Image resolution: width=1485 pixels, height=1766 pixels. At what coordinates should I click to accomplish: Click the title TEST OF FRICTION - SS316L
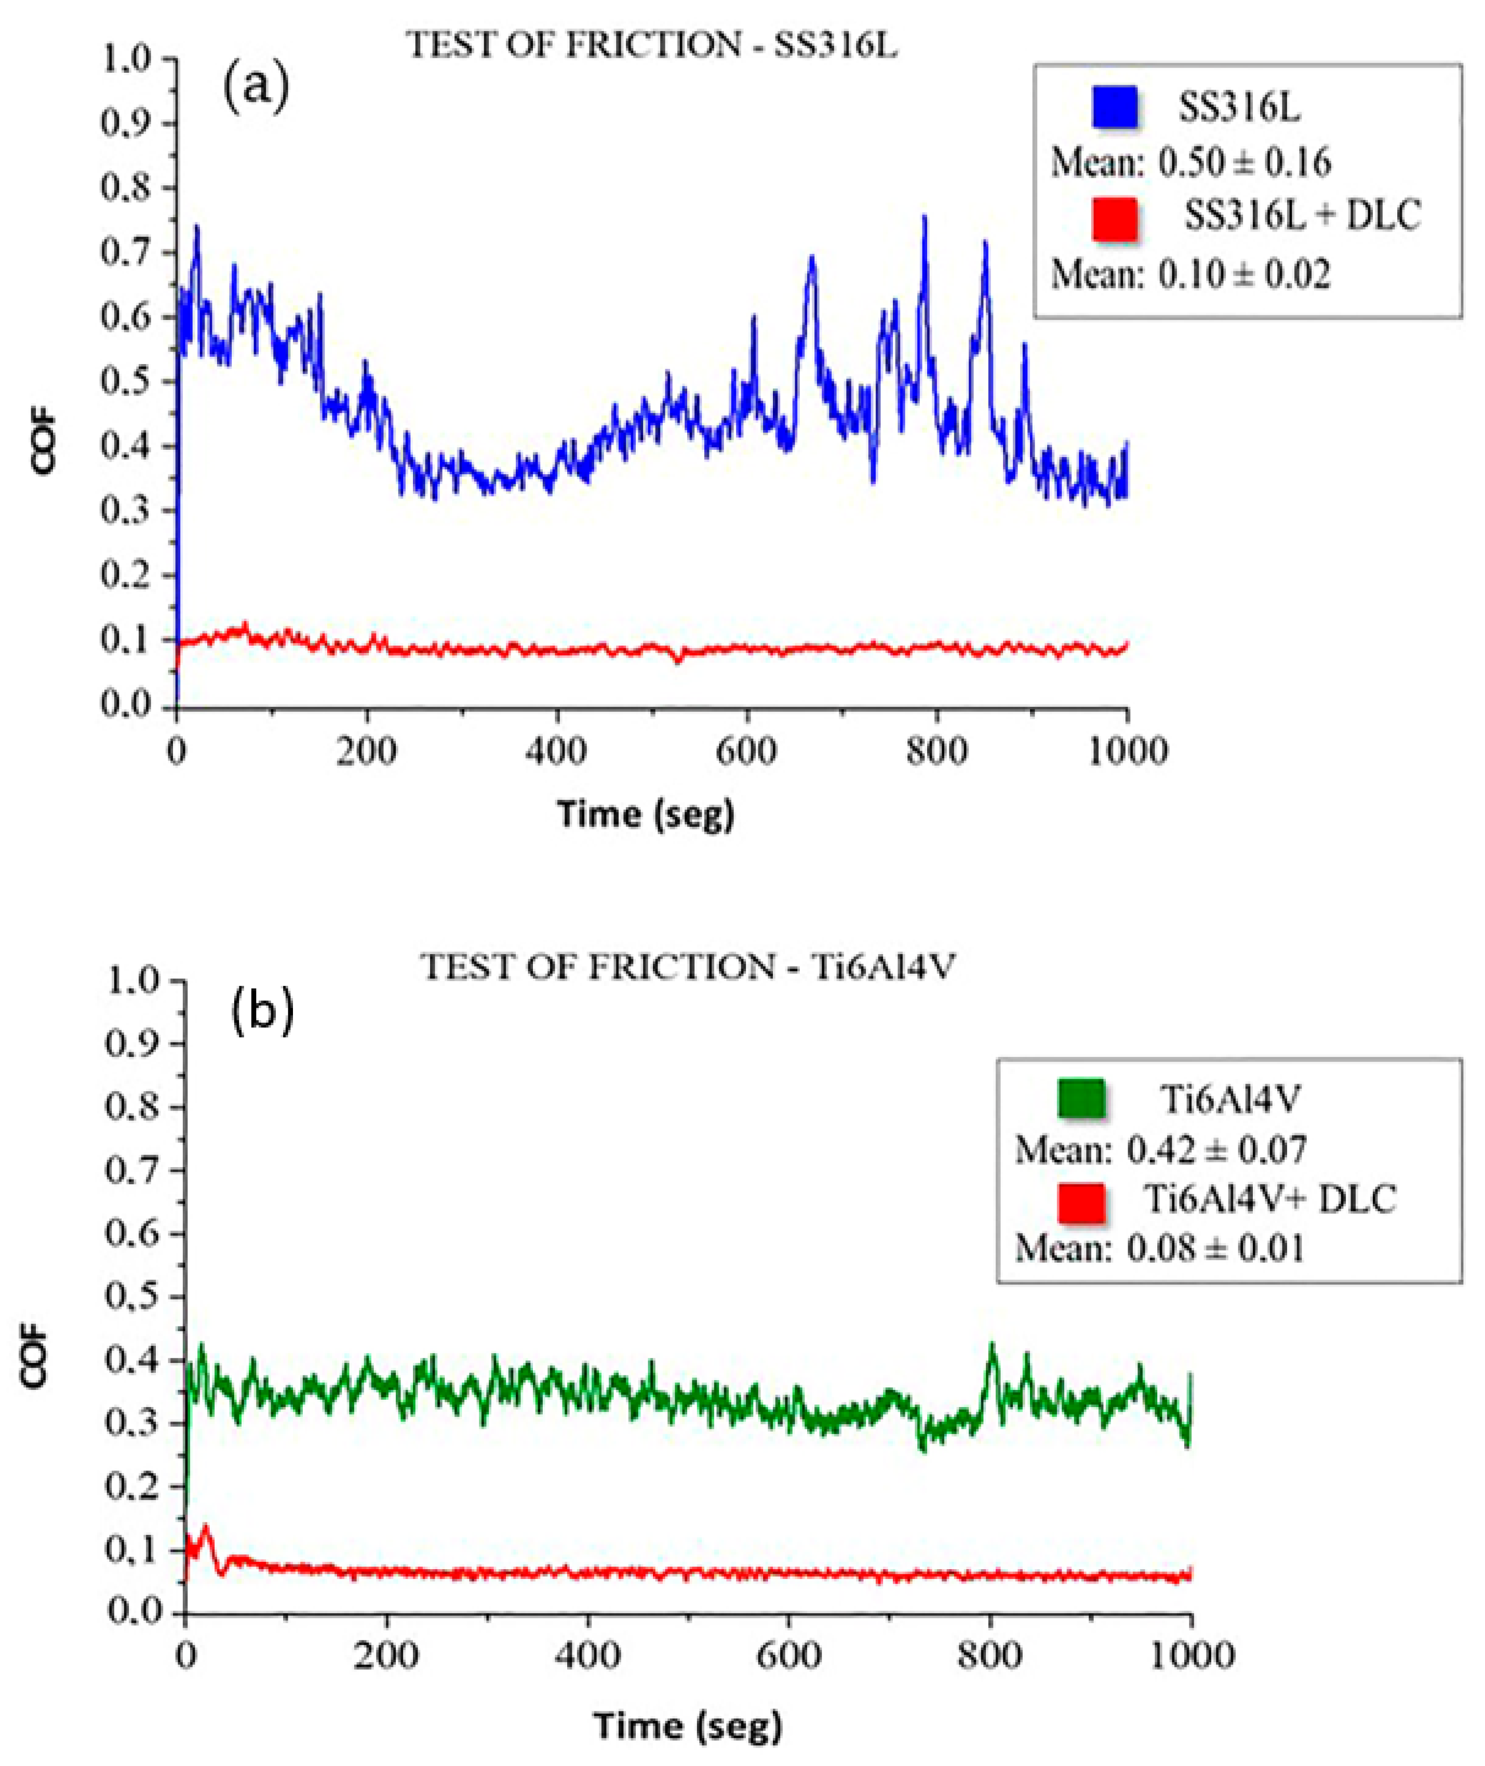point(652,46)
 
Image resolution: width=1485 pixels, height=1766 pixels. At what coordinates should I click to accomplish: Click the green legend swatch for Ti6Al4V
point(1080,1099)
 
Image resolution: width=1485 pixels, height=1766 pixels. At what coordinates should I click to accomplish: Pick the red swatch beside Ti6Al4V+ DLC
point(1080,1201)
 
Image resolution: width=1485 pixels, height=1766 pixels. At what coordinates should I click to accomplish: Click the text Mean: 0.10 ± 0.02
point(1190,274)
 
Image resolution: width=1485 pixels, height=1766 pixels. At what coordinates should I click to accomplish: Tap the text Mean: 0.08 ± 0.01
point(1160,1248)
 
